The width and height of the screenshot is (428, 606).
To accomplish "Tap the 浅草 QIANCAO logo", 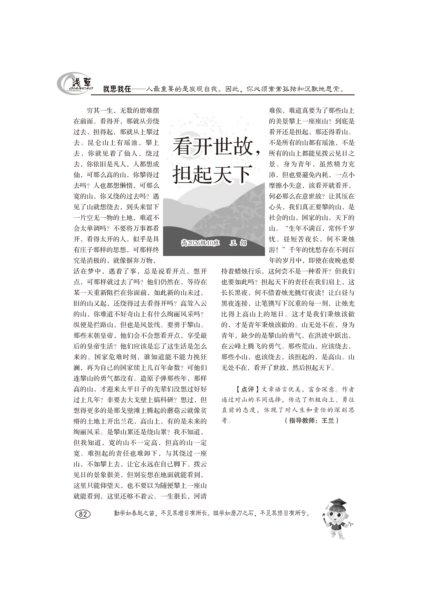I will tap(75, 84).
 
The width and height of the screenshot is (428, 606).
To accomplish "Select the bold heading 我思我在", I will tap(117, 89).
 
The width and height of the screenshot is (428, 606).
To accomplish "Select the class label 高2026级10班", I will tap(200, 243).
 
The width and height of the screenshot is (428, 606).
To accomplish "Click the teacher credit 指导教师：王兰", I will tap(312, 421).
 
